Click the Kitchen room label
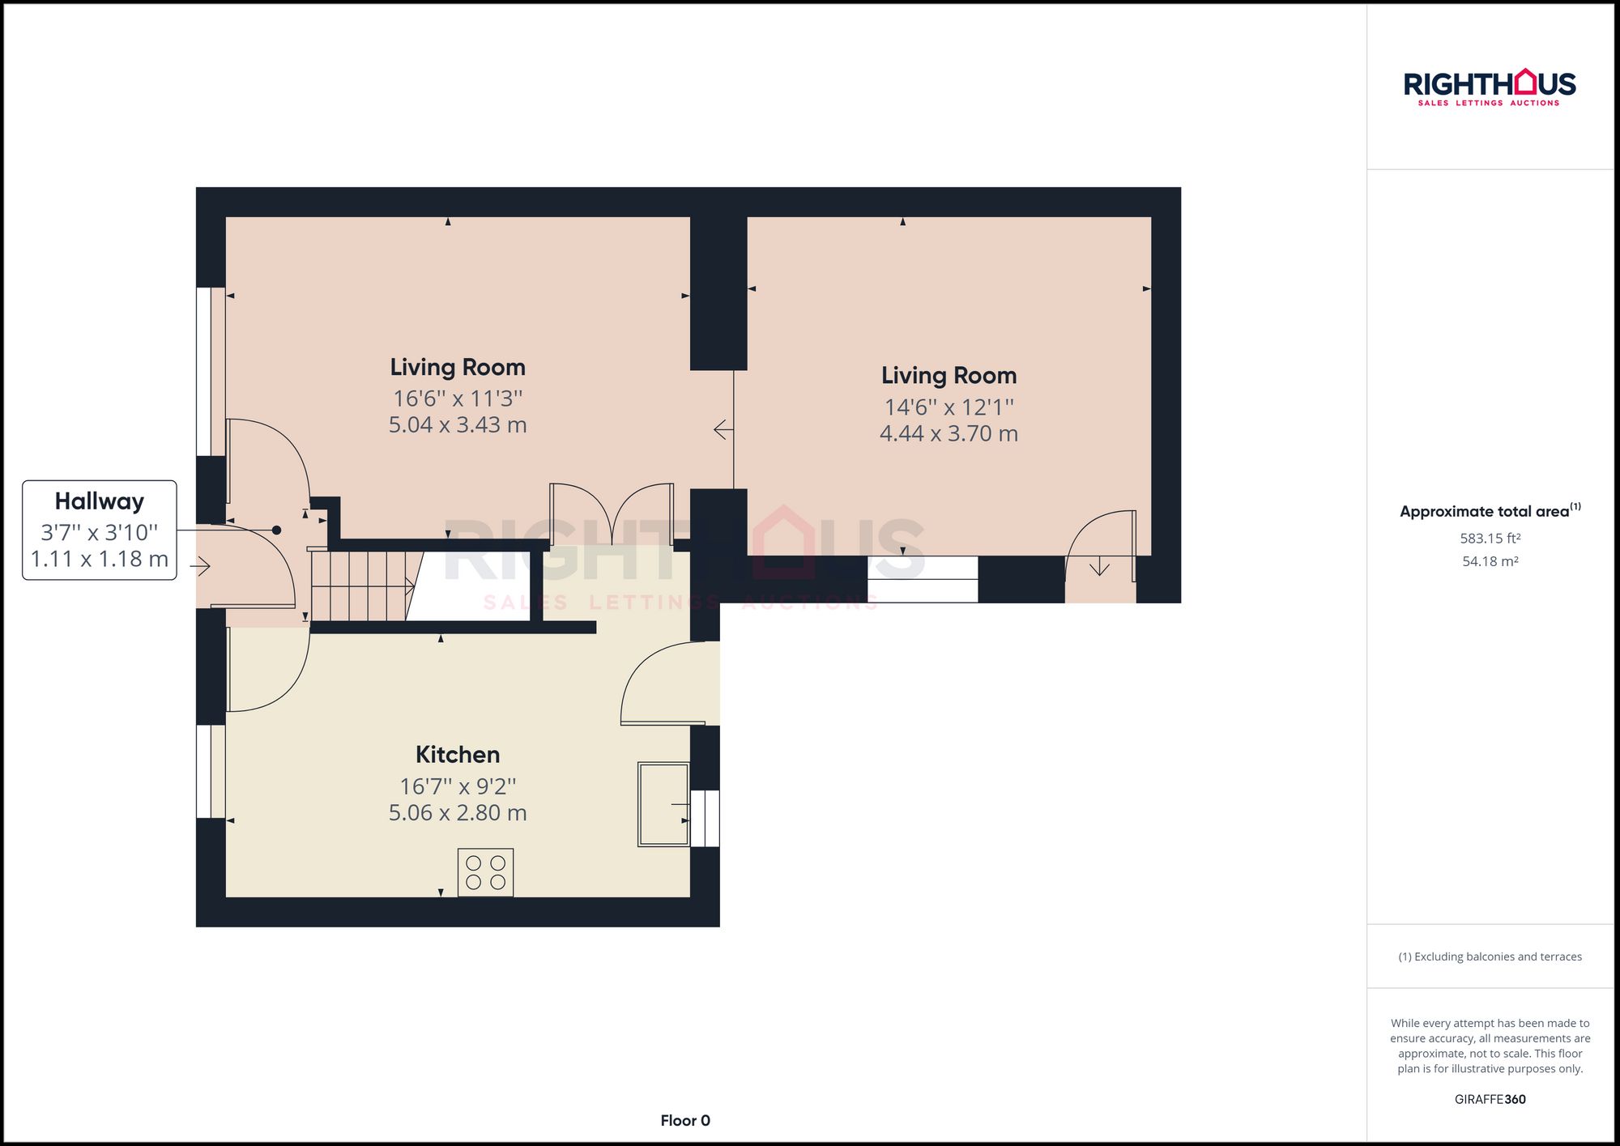pyautogui.click(x=458, y=755)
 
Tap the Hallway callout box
pyautogui.click(x=100, y=530)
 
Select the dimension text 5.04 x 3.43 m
pyautogui.click(x=458, y=425)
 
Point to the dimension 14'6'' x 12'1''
pyautogui.click(x=949, y=407)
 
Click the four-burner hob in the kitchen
pyautogui.click(x=485, y=872)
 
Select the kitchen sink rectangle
pyautogui.click(x=663, y=803)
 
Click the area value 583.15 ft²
pyautogui.click(x=1490, y=539)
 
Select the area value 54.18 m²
pyautogui.click(x=1490, y=561)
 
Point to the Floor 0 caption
pyautogui.click(x=684, y=1121)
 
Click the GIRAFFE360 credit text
pyautogui.click(x=1490, y=1100)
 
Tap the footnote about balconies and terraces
pyautogui.click(x=1490, y=957)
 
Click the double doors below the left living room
pyautogui.click(x=612, y=514)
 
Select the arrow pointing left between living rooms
pyautogui.click(x=723, y=430)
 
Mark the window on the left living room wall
pyautogui.click(x=211, y=371)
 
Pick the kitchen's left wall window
pyautogui.click(x=211, y=771)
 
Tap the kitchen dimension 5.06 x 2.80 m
pyautogui.click(x=458, y=813)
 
